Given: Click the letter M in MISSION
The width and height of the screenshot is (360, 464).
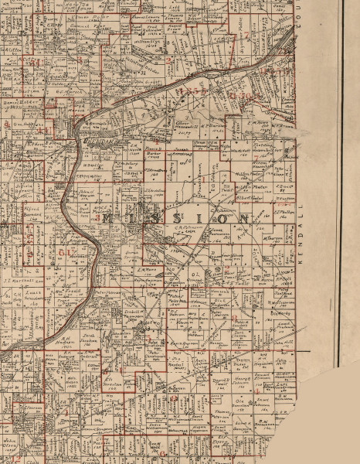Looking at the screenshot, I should coord(109,219).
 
